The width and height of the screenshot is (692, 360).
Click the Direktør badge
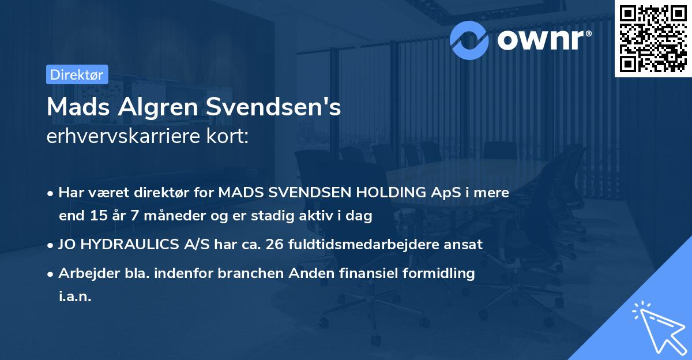point(76,74)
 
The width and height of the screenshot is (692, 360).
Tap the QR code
point(652,38)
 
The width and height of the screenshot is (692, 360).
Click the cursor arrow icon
point(658,327)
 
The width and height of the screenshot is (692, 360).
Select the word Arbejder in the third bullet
point(84,273)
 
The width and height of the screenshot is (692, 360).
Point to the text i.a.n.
point(75,297)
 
